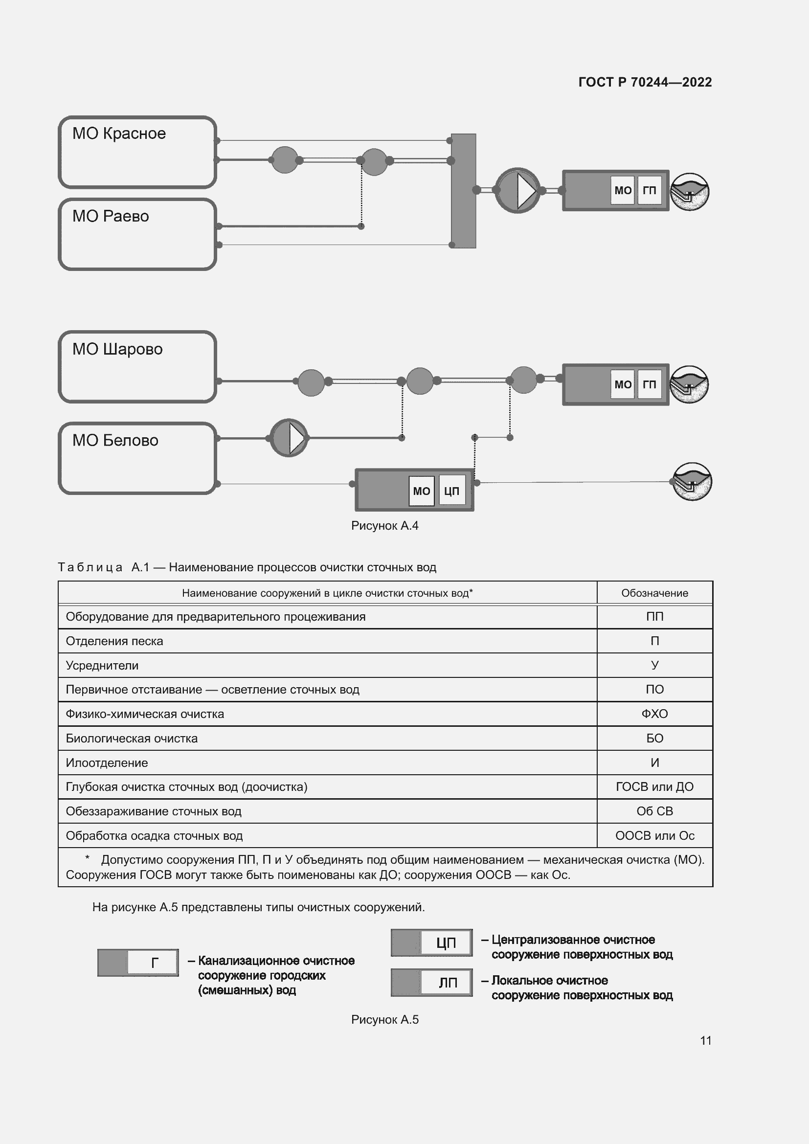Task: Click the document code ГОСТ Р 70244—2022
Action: (645, 82)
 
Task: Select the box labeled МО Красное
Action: (137, 152)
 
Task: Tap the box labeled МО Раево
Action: (137, 234)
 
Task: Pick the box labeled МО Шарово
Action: (137, 366)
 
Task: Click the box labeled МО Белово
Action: (137, 458)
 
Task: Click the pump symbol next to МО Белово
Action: (289, 438)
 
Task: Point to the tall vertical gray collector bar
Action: (463, 191)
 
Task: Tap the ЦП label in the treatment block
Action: (451, 491)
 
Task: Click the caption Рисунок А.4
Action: (384, 526)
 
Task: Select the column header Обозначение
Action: (654, 593)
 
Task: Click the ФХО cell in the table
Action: (654, 714)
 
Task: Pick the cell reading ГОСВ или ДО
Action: (654, 787)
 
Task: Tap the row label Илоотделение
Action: (107, 763)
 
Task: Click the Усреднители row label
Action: (102, 665)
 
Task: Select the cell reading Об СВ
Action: (654, 811)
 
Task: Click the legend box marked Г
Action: (138, 963)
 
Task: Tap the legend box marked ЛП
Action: (431, 983)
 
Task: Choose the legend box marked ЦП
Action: (431, 942)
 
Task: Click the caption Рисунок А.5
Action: (384, 1019)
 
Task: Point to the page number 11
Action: (705, 1040)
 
